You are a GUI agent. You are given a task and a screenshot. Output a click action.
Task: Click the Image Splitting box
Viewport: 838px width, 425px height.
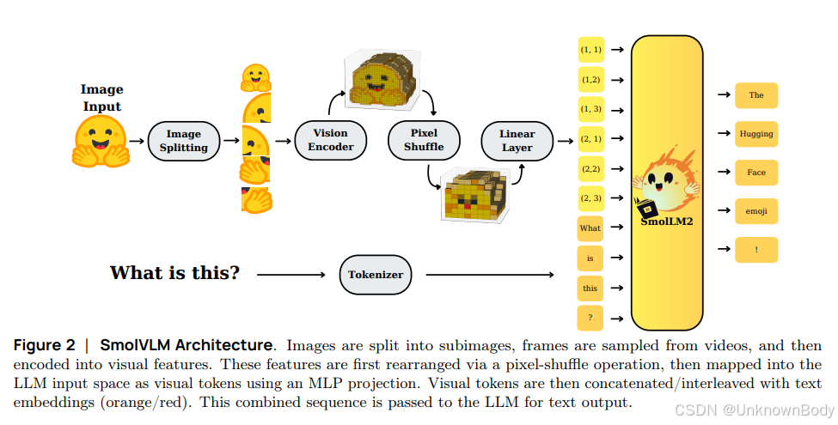(x=184, y=141)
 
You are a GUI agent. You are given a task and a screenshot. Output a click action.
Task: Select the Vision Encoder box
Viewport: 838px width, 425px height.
(x=330, y=140)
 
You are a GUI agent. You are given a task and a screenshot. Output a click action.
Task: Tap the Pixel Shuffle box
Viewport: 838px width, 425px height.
(x=424, y=140)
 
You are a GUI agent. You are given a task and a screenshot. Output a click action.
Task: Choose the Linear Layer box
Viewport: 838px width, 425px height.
(x=517, y=140)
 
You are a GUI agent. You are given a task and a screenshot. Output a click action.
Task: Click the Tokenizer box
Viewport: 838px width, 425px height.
(x=375, y=275)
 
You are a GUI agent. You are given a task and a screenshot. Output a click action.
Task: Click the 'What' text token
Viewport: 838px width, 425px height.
(x=590, y=228)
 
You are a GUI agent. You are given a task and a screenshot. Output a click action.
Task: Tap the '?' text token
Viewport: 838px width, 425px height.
(x=590, y=318)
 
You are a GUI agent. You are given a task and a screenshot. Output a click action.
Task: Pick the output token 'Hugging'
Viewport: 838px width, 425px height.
(x=756, y=134)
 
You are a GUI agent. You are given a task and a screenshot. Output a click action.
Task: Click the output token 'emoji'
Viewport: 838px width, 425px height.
(x=756, y=211)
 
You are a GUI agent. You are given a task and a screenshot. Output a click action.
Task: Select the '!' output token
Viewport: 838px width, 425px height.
(x=756, y=250)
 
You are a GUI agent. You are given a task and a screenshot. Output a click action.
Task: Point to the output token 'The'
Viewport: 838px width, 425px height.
(x=756, y=95)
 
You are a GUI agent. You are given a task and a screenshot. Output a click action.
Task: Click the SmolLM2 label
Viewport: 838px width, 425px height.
(x=666, y=221)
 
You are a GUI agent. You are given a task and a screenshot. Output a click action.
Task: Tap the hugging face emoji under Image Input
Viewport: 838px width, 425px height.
(x=100, y=141)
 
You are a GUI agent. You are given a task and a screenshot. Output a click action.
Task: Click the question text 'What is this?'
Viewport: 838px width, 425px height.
(x=174, y=274)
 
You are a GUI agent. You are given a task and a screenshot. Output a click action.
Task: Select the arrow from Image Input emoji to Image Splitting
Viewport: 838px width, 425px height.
(x=137, y=141)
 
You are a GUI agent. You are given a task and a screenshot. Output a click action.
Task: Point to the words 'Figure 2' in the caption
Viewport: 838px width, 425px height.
(x=45, y=345)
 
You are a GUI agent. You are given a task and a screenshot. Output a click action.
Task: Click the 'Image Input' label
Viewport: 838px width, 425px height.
(x=101, y=98)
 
